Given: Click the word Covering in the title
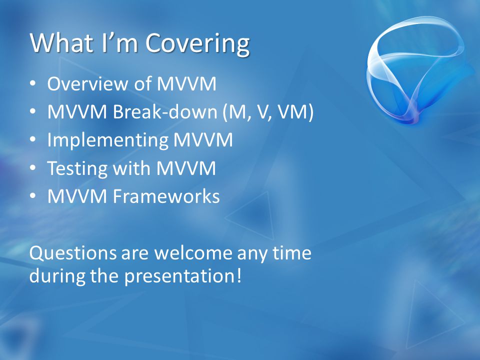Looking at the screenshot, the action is pos(197,43).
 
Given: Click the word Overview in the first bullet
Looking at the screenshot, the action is pos(87,83).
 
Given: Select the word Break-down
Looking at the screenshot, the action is pos(165,111).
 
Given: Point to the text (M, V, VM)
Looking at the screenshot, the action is pos(268,112).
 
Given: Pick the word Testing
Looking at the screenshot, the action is pos(77,168).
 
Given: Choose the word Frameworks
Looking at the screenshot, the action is pos(166,196).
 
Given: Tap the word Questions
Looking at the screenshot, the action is pos(73,253).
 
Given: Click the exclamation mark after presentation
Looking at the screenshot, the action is pos(239,275).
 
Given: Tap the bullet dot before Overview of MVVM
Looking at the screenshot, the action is pos(33,83).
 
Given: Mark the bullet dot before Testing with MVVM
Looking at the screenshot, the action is pos(33,168).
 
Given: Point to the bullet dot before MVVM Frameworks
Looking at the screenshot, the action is pos(33,196).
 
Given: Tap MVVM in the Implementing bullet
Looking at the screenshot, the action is pos(203,139).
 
